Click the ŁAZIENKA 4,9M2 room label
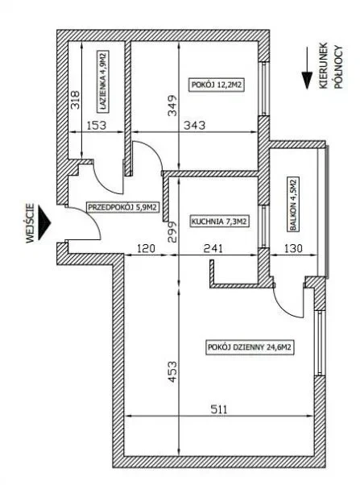pyautogui.click(x=104, y=81)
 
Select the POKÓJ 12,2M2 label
pyautogui.click(x=216, y=85)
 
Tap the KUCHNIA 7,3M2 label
pyautogui.click(x=220, y=222)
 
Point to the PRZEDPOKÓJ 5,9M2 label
pyautogui.click(x=123, y=207)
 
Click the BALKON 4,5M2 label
pyautogui.click(x=293, y=204)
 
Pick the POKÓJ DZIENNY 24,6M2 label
pyautogui.click(x=250, y=347)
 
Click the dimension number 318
pyautogui.click(x=75, y=100)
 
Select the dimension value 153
pyautogui.click(x=96, y=125)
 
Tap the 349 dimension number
pyautogui.click(x=172, y=106)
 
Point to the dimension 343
pyautogui.click(x=195, y=125)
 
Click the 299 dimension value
pyautogui.click(x=172, y=231)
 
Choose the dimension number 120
pyautogui.click(x=146, y=248)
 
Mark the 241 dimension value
pyautogui.click(x=213, y=248)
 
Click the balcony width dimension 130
pyautogui.click(x=292, y=248)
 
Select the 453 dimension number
pyautogui.click(x=172, y=371)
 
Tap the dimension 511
pyautogui.click(x=219, y=409)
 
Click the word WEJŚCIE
pyautogui.click(x=30, y=223)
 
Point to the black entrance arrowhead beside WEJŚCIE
pyautogui.click(x=44, y=222)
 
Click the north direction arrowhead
pyautogui.click(x=307, y=81)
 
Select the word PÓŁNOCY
pyautogui.click(x=338, y=67)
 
